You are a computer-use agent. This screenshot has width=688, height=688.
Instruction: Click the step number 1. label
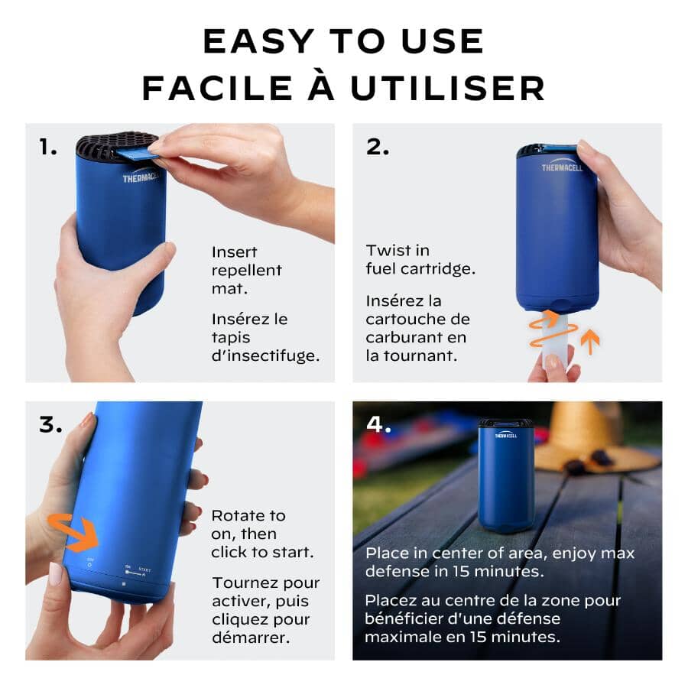[x=49, y=148]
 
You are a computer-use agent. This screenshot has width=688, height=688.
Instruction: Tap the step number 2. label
[x=378, y=148]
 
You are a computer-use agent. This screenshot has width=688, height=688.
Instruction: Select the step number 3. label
[x=50, y=425]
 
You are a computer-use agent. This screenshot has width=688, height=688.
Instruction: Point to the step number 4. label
[x=379, y=425]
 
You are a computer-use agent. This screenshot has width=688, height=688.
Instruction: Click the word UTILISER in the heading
[x=448, y=89]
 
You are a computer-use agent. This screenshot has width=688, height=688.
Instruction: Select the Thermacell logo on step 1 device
[x=138, y=179]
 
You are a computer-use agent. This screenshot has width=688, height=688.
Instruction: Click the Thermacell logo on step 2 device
[x=561, y=167]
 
